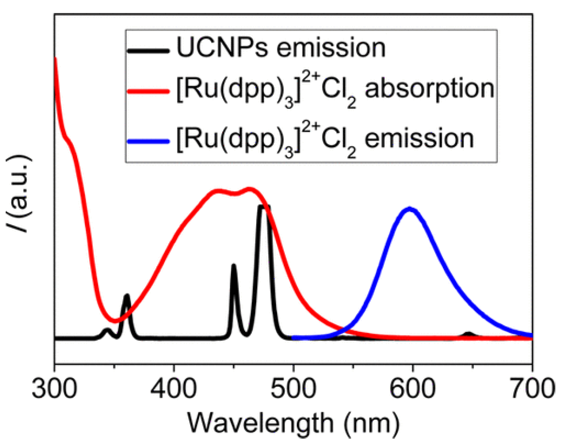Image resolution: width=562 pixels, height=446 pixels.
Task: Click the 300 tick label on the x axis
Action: pyautogui.click(x=54, y=389)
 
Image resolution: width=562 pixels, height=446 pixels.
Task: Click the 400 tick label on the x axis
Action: pyautogui.click(x=173, y=389)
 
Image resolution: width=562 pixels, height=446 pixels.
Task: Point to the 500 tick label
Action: pyautogui.click(x=293, y=389)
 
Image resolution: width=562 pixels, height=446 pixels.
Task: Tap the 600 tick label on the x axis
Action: pyautogui.click(x=413, y=389)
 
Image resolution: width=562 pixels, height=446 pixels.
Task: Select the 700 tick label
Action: pyautogui.click(x=532, y=389)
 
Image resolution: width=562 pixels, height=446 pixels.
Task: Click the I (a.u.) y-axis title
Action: pyautogui.click(x=19, y=194)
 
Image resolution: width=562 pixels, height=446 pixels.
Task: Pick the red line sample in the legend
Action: pyautogui.click(x=148, y=91)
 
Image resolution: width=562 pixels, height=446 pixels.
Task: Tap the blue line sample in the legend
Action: pyautogui.click(x=148, y=141)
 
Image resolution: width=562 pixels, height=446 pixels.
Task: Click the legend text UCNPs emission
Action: pyautogui.click(x=281, y=48)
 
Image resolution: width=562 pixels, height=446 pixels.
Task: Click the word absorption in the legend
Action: pyautogui.click(x=429, y=89)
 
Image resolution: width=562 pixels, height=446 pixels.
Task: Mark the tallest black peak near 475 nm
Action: pyautogui.click(x=264, y=206)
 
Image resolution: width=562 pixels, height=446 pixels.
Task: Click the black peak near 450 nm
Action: pyautogui.click(x=234, y=266)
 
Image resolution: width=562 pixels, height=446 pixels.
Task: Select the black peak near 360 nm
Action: pyautogui.click(x=127, y=296)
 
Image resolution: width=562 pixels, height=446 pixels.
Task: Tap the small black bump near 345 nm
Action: pyautogui.click(x=107, y=330)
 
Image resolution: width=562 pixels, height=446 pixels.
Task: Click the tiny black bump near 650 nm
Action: pyautogui.click(x=468, y=333)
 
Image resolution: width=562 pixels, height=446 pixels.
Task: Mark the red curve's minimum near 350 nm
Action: pyautogui.click(x=115, y=321)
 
